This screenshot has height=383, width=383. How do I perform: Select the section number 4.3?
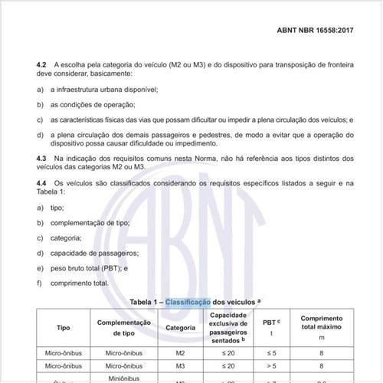[x=43, y=157]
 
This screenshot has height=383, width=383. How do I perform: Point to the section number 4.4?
[x=43, y=185]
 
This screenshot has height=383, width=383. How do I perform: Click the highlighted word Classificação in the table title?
[x=187, y=303]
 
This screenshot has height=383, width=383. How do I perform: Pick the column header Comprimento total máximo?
[x=321, y=326]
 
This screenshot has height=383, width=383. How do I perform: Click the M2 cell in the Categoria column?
[x=180, y=352]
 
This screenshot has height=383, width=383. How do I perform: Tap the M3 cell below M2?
[x=180, y=367]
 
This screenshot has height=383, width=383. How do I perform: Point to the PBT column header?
[x=269, y=322]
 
